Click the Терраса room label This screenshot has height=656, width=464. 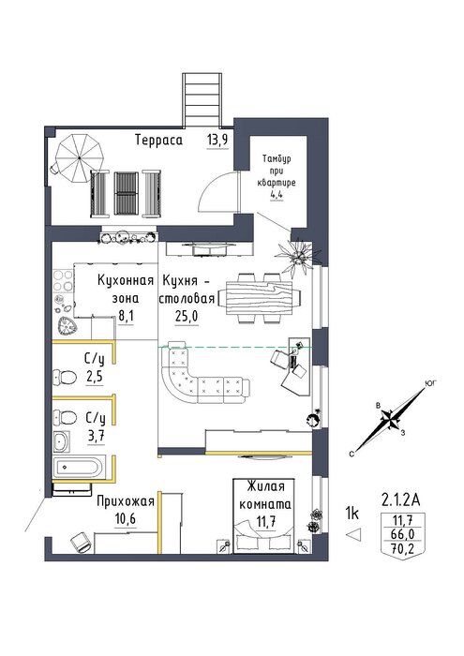pyautogui.click(x=159, y=141)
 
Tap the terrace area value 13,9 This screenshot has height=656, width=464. pyautogui.click(x=217, y=141)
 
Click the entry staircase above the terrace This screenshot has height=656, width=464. pyautogui.click(x=202, y=99)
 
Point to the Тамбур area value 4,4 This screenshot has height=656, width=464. pyautogui.click(x=277, y=195)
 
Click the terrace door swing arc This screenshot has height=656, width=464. pyautogui.click(x=216, y=189)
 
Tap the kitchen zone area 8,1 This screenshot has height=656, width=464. pyautogui.click(x=126, y=317)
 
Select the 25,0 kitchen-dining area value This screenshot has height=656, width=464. pyautogui.click(x=187, y=317)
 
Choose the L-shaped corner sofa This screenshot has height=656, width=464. pyautogui.click(x=201, y=372)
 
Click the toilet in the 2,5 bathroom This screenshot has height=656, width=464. pyautogui.click(x=65, y=377)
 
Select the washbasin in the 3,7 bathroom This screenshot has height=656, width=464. pyautogui.click(x=62, y=441)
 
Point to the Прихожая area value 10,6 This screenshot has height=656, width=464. pyautogui.click(x=126, y=519)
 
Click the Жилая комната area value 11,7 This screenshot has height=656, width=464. pyautogui.click(x=265, y=522)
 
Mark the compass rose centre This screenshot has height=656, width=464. pyautogui.click(x=390, y=420)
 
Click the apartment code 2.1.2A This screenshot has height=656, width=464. pyautogui.click(x=401, y=499)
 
